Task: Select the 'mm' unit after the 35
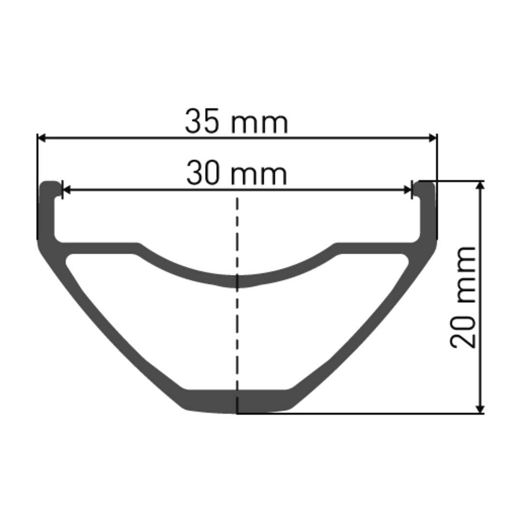259,123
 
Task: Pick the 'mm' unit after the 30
259,175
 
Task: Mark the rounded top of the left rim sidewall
49,185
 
